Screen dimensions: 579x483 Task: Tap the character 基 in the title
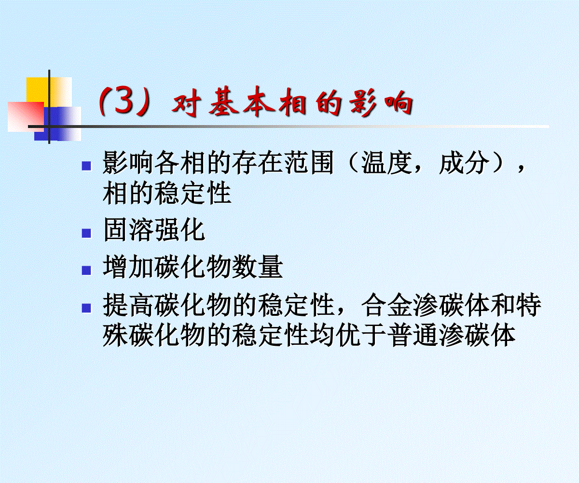[223, 101]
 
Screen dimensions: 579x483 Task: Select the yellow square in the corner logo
[49, 92]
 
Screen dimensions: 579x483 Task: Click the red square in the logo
[26, 116]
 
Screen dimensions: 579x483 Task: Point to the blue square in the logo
[58, 124]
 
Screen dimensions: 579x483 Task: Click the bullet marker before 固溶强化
[86, 233]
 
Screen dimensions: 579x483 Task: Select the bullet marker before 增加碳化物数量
[86, 270]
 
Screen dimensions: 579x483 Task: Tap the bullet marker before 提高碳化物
[86, 308]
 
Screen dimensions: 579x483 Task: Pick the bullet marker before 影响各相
[86, 166]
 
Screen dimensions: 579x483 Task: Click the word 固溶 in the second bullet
[128, 230]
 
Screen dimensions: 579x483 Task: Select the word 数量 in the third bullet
[257, 267]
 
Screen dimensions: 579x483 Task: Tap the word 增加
[128, 267]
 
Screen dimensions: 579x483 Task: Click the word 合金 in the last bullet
[386, 305]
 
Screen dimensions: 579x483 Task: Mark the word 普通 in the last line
[413, 335]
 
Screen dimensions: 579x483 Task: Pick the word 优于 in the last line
[360, 335]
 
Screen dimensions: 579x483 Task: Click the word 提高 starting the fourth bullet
[128, 305]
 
